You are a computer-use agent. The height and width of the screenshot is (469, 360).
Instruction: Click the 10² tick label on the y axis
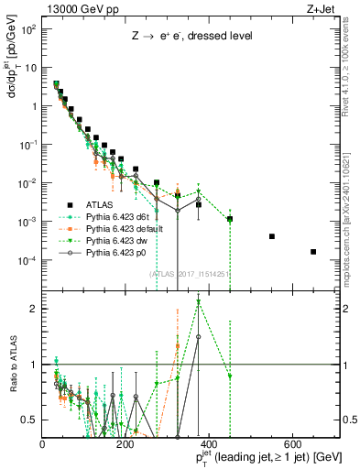click(x=27, y=29)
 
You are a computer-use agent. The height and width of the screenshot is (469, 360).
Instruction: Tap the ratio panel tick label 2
click(x=35, y=309)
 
